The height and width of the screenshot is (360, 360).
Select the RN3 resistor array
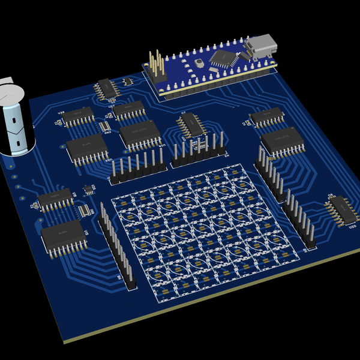pos(106,126)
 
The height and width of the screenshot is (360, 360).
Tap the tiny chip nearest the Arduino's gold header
pos(127,81)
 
